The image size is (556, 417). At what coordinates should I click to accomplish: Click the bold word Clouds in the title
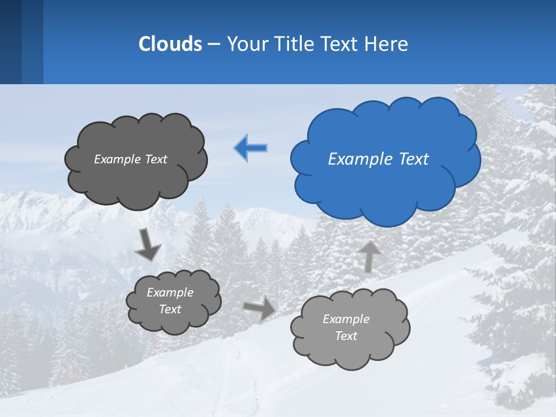tap(170, 44)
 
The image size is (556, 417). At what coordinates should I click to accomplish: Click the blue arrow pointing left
tap(251, 148)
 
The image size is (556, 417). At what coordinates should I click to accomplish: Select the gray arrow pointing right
tap(259, 308)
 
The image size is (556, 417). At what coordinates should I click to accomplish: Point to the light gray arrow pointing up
tap(370, 257)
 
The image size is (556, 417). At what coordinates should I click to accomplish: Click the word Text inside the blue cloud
tap(414, 159)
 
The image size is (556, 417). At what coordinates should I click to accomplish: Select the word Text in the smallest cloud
tap(170, 309)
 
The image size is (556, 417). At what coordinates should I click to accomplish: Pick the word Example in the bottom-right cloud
tap(346, 319)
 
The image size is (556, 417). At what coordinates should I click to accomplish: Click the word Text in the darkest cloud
tap(156, 159)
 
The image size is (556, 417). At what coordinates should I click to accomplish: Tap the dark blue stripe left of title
tap(10, 42)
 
